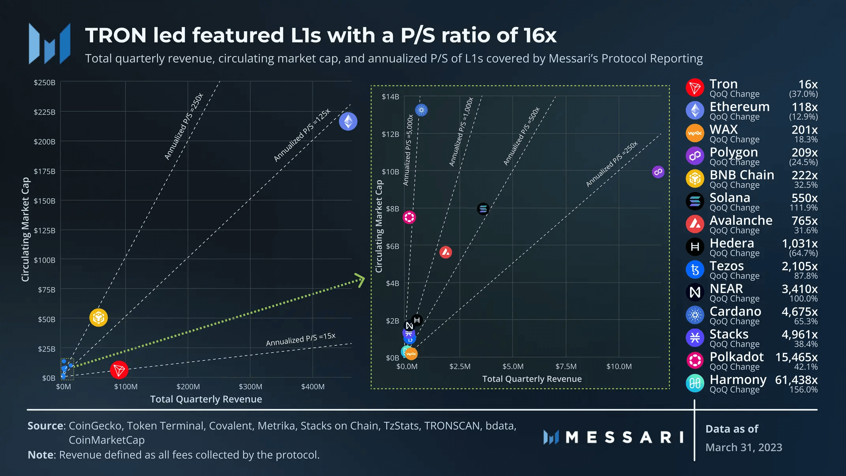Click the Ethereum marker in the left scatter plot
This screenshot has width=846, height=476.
tap(348, 121)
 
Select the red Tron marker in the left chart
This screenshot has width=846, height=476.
tap(119, 370)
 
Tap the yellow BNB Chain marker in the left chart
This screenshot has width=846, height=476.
tap(98, 317)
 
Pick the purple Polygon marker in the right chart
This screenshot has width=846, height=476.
tap(658, 172)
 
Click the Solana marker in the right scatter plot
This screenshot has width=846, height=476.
tap(483, 209)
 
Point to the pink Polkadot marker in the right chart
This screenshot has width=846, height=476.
tap(409, 217)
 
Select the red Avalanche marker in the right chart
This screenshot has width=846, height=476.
tap(446, 252)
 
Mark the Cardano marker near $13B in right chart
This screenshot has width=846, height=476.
tap(421, 110)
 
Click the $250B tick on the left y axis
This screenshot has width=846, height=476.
tap(44, 83)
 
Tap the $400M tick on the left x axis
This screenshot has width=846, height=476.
tap(313, 387)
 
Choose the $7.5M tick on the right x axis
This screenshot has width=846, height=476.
tap(566, 367)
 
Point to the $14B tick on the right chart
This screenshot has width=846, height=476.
tap(390, 97)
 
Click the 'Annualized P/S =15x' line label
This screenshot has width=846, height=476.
tap(301, 339)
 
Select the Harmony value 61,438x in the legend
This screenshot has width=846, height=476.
tap(796, 380)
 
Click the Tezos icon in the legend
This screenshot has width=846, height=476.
tap(695, 270)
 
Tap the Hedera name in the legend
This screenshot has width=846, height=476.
tap(732, 243)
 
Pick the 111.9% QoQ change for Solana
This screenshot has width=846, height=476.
tap(803, 208)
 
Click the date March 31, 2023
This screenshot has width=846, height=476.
tap(744, 448)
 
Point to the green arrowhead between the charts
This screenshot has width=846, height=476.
tap(360, 280)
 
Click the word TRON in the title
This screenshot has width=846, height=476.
tap(116, 35)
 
